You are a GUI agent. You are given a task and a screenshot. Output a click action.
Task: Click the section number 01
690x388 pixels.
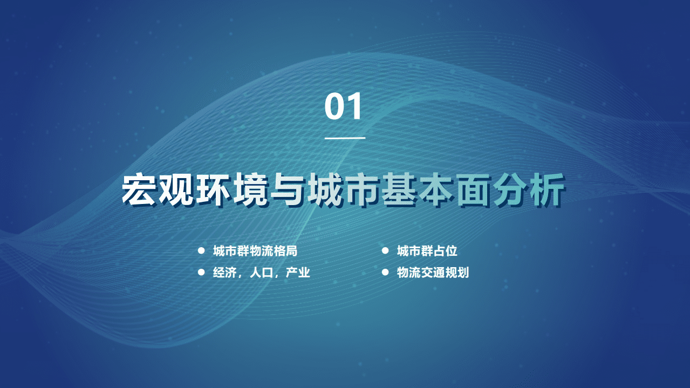pos(344,107)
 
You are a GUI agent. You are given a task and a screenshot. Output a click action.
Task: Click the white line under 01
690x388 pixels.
pos(345,138)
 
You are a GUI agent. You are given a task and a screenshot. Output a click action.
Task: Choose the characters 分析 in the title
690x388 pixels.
pos(528,190)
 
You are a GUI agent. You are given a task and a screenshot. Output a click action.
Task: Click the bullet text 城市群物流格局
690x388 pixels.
pos(255,251)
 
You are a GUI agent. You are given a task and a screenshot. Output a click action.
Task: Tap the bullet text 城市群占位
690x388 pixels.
pos(427,251)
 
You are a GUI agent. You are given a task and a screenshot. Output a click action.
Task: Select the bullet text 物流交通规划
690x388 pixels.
pos(433,273)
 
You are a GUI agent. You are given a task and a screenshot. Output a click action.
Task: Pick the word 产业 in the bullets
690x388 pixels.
pos(298,273)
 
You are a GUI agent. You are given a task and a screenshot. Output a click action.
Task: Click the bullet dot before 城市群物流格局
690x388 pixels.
pos(201,251)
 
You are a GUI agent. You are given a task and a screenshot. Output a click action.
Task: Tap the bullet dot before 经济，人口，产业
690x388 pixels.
pos(201,273)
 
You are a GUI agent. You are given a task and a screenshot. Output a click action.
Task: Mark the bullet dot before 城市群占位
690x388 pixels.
pos(385,251)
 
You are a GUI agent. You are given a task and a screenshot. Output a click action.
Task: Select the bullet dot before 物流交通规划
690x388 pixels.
pos(385,273)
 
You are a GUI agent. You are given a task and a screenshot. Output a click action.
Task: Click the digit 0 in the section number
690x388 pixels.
pos(334,107)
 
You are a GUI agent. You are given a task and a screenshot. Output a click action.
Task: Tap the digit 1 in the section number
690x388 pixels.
pos(355,107)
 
